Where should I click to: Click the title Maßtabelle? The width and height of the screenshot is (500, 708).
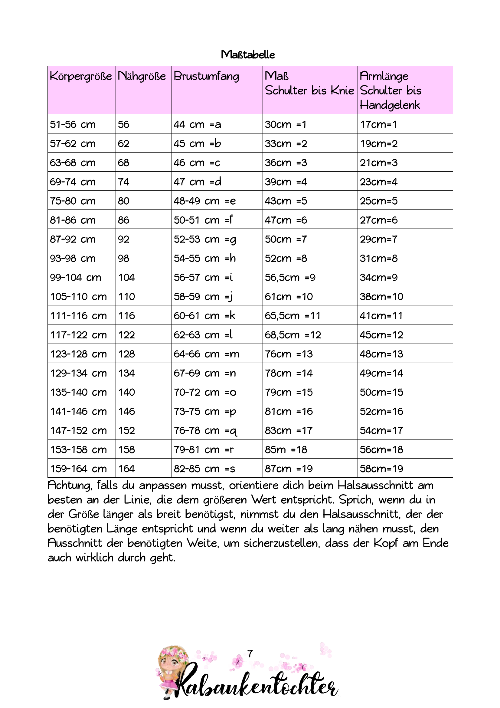[248, 54]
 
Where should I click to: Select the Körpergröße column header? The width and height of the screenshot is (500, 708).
[81, 76]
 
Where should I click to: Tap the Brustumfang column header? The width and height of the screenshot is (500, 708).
[206, 76]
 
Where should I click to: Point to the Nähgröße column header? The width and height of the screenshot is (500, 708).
[142, 76]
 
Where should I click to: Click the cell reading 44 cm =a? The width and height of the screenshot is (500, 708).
[197, 124]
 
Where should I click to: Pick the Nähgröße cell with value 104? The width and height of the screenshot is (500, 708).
[126, 278]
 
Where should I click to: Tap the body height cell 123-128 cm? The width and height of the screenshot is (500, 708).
[78, 354]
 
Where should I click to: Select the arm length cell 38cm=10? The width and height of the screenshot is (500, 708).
[381, 297]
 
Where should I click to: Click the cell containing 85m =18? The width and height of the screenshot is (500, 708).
[286, 449]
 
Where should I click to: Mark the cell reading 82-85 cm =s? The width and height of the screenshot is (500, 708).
[204, 469]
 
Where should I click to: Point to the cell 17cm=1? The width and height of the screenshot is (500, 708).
[378, 124]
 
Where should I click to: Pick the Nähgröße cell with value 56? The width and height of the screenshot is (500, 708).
[123, 124]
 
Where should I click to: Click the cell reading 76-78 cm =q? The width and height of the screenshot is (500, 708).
[205, 430]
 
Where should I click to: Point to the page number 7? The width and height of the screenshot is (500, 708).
[250, 654]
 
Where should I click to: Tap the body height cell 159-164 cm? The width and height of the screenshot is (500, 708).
[78, 469]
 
